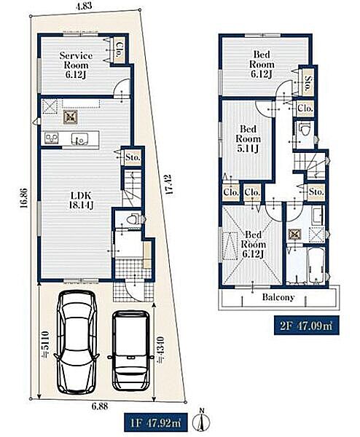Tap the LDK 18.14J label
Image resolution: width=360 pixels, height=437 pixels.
point(81,200)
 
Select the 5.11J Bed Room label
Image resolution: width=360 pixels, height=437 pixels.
point(248,138)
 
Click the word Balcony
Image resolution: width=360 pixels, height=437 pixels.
point(278,297)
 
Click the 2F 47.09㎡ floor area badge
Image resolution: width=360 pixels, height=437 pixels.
point(307,326)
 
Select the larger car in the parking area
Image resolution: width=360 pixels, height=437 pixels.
point(77,342)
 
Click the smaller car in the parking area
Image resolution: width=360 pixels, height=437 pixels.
point(130,351)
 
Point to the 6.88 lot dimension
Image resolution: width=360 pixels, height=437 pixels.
point(100,406)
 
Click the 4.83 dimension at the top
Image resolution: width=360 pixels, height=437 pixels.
point(84,6)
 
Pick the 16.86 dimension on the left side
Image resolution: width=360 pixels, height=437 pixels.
point(23,198)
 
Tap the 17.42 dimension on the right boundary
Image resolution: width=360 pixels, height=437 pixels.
point(168,184)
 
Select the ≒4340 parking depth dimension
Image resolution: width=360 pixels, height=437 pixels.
point(161,350)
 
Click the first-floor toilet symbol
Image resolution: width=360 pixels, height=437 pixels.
point(132,219)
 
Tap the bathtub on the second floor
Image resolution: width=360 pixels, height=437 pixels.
point(316,265)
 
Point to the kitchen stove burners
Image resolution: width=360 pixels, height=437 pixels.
point(52,138)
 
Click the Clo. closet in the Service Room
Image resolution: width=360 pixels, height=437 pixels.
point(120,50)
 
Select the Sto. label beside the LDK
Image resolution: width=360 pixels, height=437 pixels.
point(132,157)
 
